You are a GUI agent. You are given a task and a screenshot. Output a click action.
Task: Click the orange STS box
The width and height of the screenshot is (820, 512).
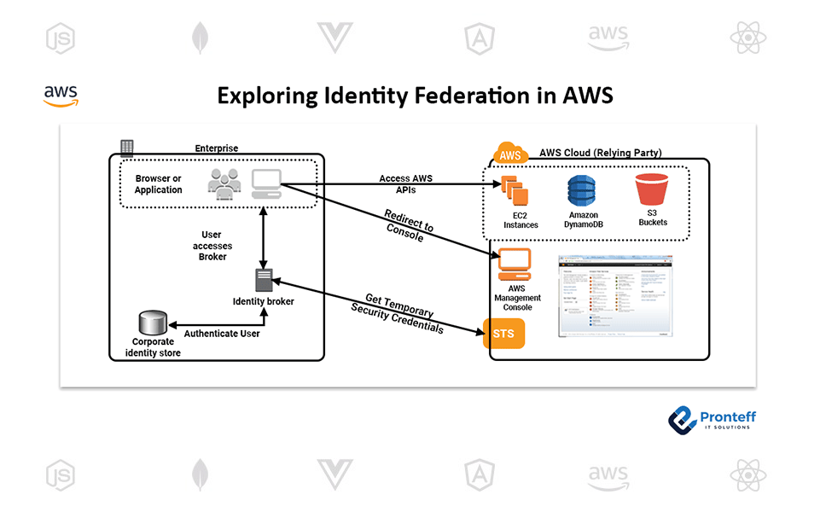(503, 333)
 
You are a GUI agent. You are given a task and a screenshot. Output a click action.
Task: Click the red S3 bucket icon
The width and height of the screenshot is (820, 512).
(653, 190)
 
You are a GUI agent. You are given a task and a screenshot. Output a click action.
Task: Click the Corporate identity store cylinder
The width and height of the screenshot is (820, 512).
(151, 323)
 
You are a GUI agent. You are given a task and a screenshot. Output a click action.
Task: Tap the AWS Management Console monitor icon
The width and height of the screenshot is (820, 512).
(515, 265)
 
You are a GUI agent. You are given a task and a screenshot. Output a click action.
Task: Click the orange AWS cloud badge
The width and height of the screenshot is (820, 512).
(510, 154)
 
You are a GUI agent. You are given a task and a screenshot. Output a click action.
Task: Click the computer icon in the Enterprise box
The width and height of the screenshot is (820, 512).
(267, 183)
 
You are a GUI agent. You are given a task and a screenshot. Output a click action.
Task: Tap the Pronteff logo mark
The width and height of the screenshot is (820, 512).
(683, 419)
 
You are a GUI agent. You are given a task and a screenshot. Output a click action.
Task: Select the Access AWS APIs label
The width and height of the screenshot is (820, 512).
(406, 184)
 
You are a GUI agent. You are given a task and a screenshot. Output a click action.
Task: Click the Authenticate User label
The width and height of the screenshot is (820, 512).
(222, 334)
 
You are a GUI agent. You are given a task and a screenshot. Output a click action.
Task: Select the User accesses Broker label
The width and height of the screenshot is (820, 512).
(212, 246)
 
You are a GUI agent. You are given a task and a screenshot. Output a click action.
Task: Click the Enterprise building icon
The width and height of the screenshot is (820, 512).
(127, 148)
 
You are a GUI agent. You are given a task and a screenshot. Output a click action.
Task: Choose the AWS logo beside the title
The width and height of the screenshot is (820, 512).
(61, 95)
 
